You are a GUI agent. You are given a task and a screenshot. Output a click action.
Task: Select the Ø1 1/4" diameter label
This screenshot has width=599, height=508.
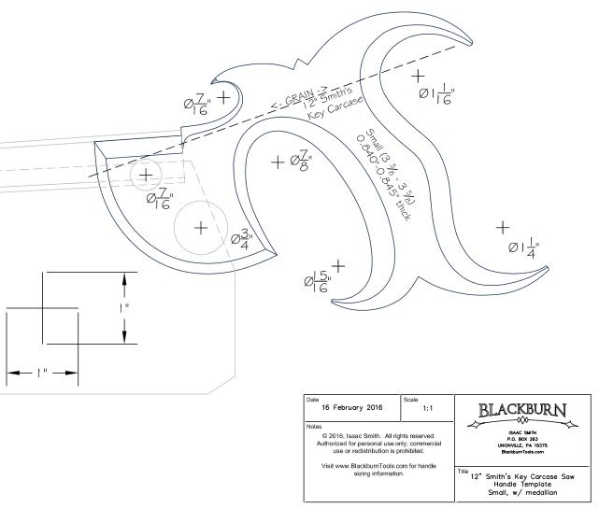click(525, 247)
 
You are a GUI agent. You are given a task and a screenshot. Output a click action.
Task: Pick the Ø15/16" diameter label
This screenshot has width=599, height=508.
click(317, 281)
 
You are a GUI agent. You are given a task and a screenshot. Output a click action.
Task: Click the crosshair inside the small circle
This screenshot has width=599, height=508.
click(146, 174)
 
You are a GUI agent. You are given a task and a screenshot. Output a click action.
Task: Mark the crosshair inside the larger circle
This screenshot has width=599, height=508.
click(199, 227)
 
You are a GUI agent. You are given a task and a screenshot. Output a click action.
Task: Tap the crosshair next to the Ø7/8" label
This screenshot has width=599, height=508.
click(278, 162)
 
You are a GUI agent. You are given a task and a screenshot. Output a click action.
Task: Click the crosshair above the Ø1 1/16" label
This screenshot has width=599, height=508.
click(417, 75)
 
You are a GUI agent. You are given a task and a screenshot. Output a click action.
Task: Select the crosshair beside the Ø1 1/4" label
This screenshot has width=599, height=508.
click(503, 227)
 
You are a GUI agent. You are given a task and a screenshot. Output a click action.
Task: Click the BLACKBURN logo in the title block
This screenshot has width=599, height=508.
click(521, 411)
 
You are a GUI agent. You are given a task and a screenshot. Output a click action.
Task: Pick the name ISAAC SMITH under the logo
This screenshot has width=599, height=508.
click(521, 434)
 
